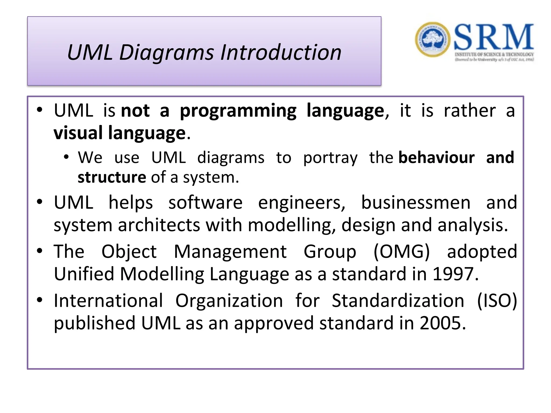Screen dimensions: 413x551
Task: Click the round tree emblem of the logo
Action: tap(432, 40)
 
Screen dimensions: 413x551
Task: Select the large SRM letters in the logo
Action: tap(494, 37)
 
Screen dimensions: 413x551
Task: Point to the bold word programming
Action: tap(238, 111)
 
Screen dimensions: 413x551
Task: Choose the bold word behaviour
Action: tap(436, 158)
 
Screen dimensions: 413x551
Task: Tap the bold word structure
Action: tap(112, 177)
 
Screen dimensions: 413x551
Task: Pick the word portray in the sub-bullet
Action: tap(330, 158)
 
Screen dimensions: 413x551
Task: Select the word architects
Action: tap(159, 225)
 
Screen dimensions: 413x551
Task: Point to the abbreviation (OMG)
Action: tap(402, 252)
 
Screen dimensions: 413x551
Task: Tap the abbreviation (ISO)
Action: tap(497, 301)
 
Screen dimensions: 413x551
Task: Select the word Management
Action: tap(230, 252)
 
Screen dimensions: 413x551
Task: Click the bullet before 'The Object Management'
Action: tap(40, 251)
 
